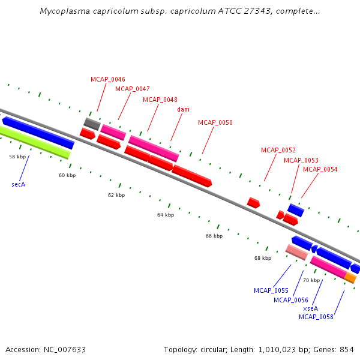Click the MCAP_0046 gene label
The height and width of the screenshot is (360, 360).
pos(108,79)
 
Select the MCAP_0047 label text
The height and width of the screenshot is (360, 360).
pos(133,89)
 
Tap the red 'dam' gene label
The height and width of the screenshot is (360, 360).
pos(183,109)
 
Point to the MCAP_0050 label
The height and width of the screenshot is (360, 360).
pos(215,122)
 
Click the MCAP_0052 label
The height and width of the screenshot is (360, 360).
pos(278,150)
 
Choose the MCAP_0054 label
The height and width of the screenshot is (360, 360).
pos(320,169)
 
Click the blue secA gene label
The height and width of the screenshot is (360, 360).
pos(19,184)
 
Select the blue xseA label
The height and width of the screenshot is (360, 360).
pos(311,308)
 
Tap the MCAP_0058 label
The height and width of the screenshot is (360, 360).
pos(316,317)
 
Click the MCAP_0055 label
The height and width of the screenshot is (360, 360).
pos(271,290)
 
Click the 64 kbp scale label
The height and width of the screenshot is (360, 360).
pos(166,215)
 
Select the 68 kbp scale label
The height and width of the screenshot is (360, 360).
pos(263,258)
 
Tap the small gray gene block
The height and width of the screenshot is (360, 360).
pos(92,124)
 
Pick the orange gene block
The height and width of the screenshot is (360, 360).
pos(350,278)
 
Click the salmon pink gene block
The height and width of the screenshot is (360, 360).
pos(296,252)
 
